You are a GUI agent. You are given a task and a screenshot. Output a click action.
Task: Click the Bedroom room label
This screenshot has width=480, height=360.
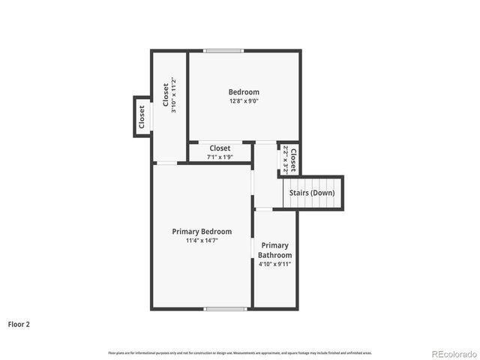244,92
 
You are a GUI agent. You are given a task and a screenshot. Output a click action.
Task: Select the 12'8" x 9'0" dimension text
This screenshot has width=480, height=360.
244,102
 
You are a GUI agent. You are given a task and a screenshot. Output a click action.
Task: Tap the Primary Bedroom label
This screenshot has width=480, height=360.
202,232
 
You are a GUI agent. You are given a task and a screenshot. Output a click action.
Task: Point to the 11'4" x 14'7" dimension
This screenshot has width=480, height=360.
202,241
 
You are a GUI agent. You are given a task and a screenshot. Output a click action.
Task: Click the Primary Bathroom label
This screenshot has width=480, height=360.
275,250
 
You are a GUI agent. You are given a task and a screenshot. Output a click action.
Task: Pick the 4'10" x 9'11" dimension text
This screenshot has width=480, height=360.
275,264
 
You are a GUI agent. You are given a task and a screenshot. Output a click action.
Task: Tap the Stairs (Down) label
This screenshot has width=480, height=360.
312,193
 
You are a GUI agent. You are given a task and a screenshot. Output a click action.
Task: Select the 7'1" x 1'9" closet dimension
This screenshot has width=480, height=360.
220,157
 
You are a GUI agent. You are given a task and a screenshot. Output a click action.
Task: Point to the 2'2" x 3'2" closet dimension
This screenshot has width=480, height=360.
286,159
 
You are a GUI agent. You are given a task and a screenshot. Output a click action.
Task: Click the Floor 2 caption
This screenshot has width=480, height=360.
19,325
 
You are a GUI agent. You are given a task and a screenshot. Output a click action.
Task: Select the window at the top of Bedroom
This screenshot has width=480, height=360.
224,51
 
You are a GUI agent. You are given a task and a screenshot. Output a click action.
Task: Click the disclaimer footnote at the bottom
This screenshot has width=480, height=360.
240,352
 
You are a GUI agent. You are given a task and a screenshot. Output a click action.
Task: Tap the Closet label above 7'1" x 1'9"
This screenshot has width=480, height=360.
220,148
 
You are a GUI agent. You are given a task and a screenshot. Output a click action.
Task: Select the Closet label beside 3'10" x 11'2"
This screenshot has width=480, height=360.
165,94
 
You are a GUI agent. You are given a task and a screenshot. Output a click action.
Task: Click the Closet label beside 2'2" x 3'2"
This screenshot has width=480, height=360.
293,159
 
